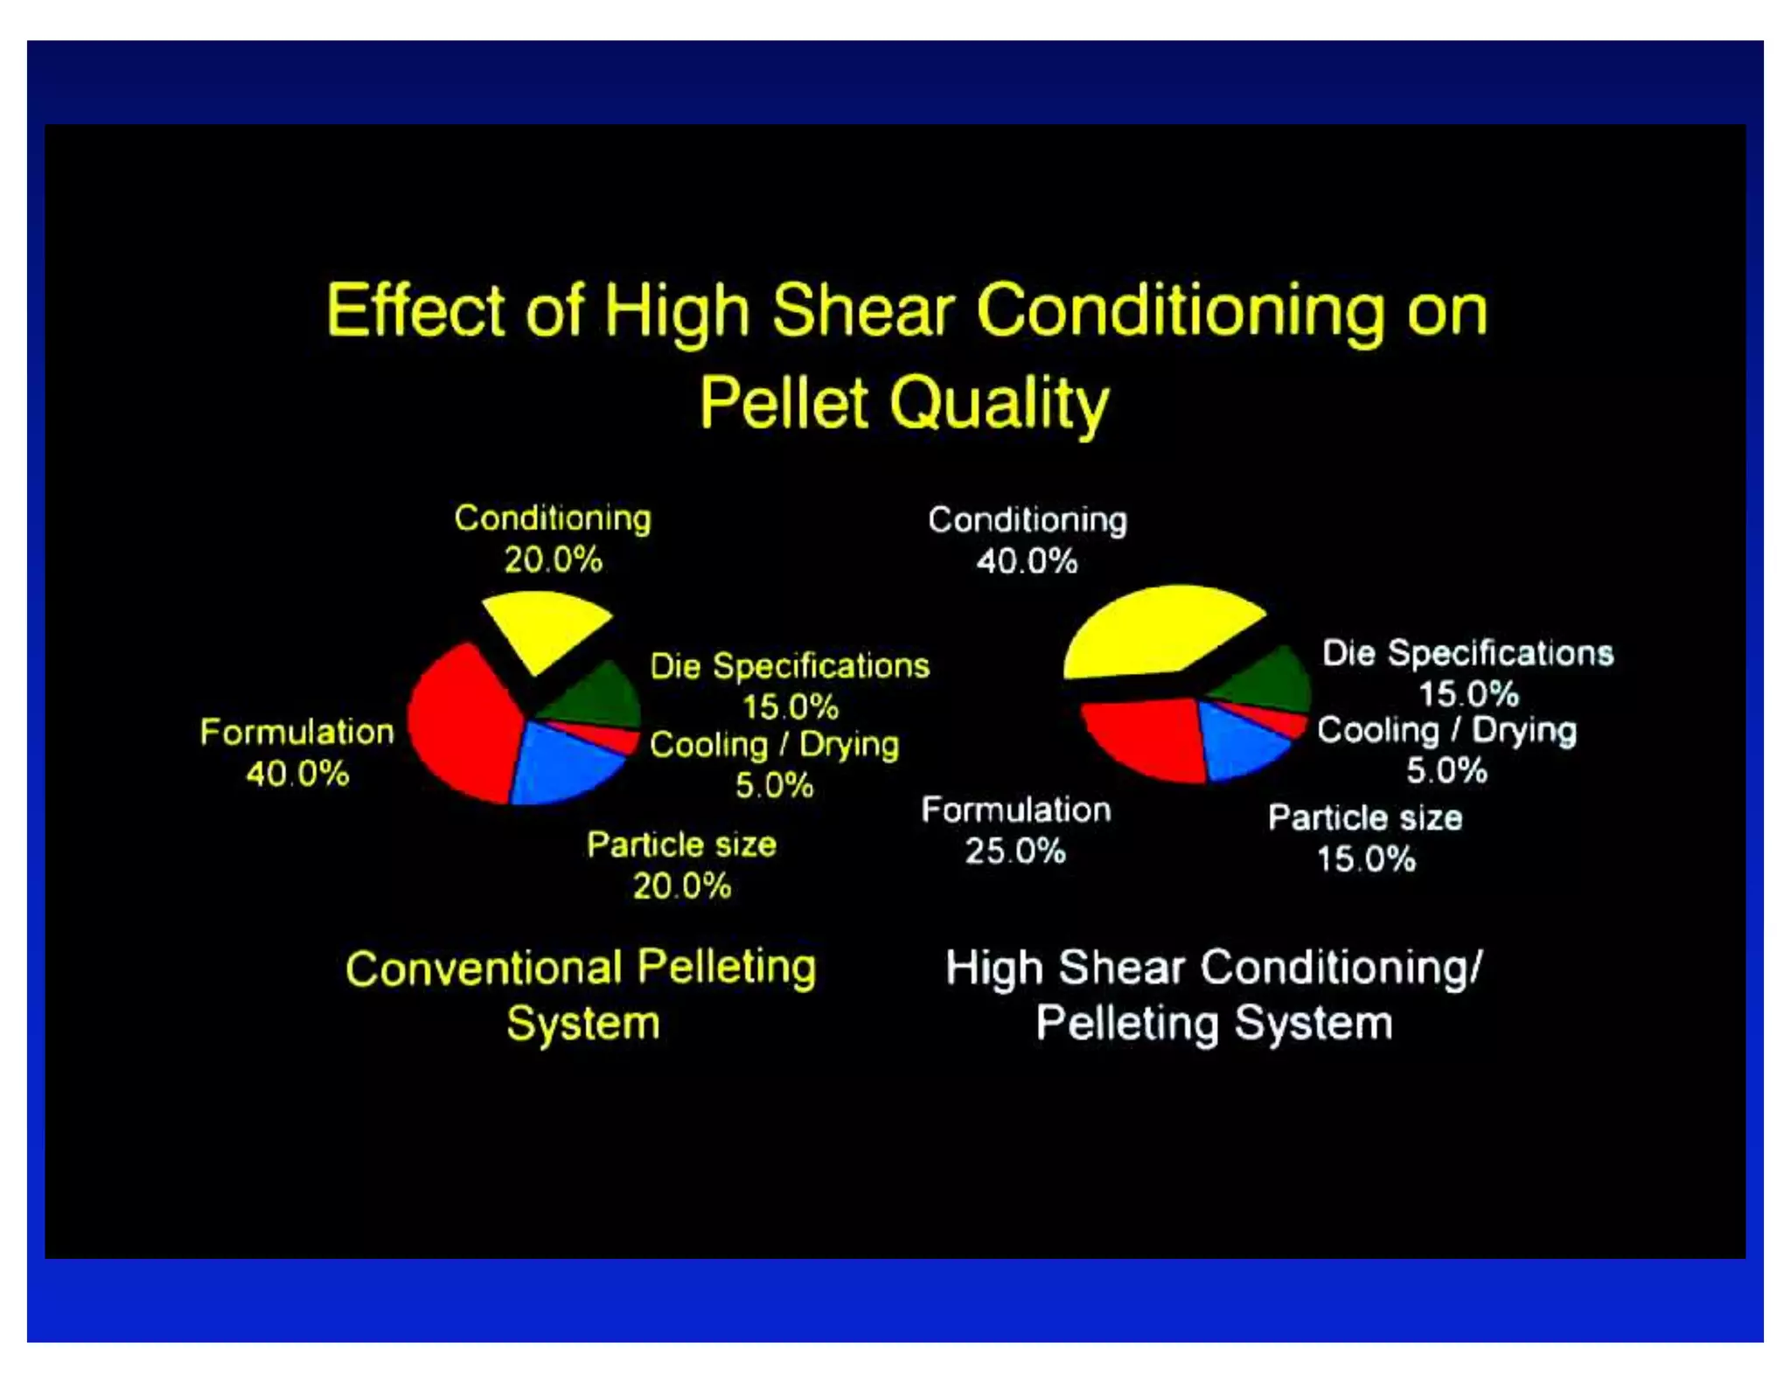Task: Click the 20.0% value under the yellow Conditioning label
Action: (x=553, y=560)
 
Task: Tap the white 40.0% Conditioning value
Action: (x=1027, y=562)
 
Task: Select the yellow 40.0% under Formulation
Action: (x=297, y=774)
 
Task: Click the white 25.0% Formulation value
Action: (x=1015, y=851)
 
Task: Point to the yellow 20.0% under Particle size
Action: (x=681, y=886)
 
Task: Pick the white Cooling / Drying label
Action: (x=1446, y=731)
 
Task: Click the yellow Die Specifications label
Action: (x=789, y=666)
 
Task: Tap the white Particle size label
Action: (x=1365, y=818)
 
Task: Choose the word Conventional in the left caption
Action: (x=484, y=969)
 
